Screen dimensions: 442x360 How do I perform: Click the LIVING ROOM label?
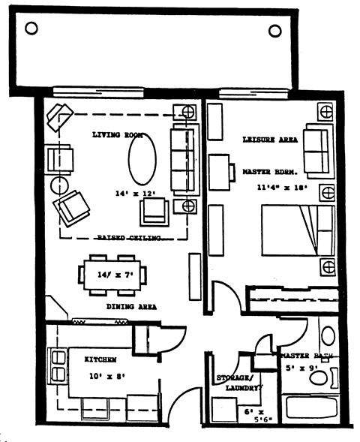[117, 135]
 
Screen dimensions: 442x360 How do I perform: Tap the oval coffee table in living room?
[141, 160]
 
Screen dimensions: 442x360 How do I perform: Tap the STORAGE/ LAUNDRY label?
[237, 383]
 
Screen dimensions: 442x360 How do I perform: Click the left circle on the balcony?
[31, 29]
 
